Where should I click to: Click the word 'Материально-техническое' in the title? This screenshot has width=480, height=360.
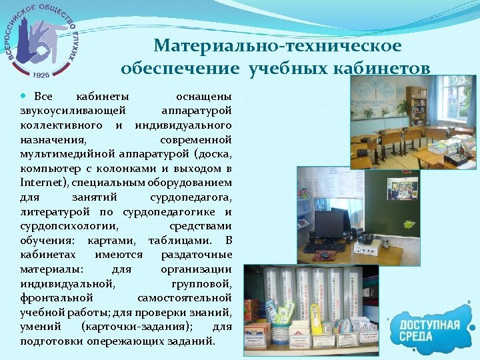[277, 45]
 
